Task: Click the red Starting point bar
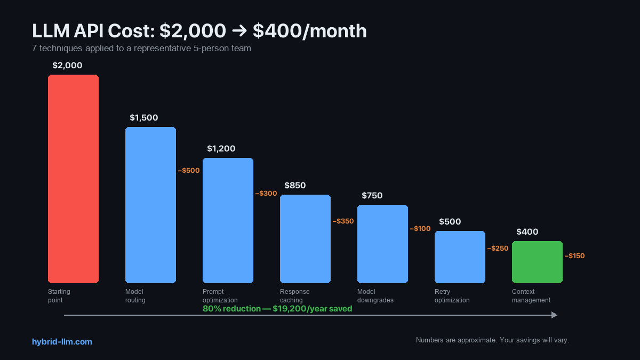73,179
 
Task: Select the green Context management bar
537,262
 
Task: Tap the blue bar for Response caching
305,238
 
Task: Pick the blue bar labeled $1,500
150,205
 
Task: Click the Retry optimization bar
460,257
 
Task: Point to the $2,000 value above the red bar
67,66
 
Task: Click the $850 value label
295,186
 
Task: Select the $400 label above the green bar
527,232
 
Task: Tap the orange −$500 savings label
189,171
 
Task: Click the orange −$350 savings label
343,221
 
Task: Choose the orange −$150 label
574,256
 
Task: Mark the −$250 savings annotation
498,249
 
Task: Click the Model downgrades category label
375,296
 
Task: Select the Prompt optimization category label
220,296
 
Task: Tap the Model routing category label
135,296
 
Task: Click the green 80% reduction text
277,309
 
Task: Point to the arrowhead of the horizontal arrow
554,315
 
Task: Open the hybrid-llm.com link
62,342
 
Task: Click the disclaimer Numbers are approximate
492,340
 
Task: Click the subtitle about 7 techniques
141,49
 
